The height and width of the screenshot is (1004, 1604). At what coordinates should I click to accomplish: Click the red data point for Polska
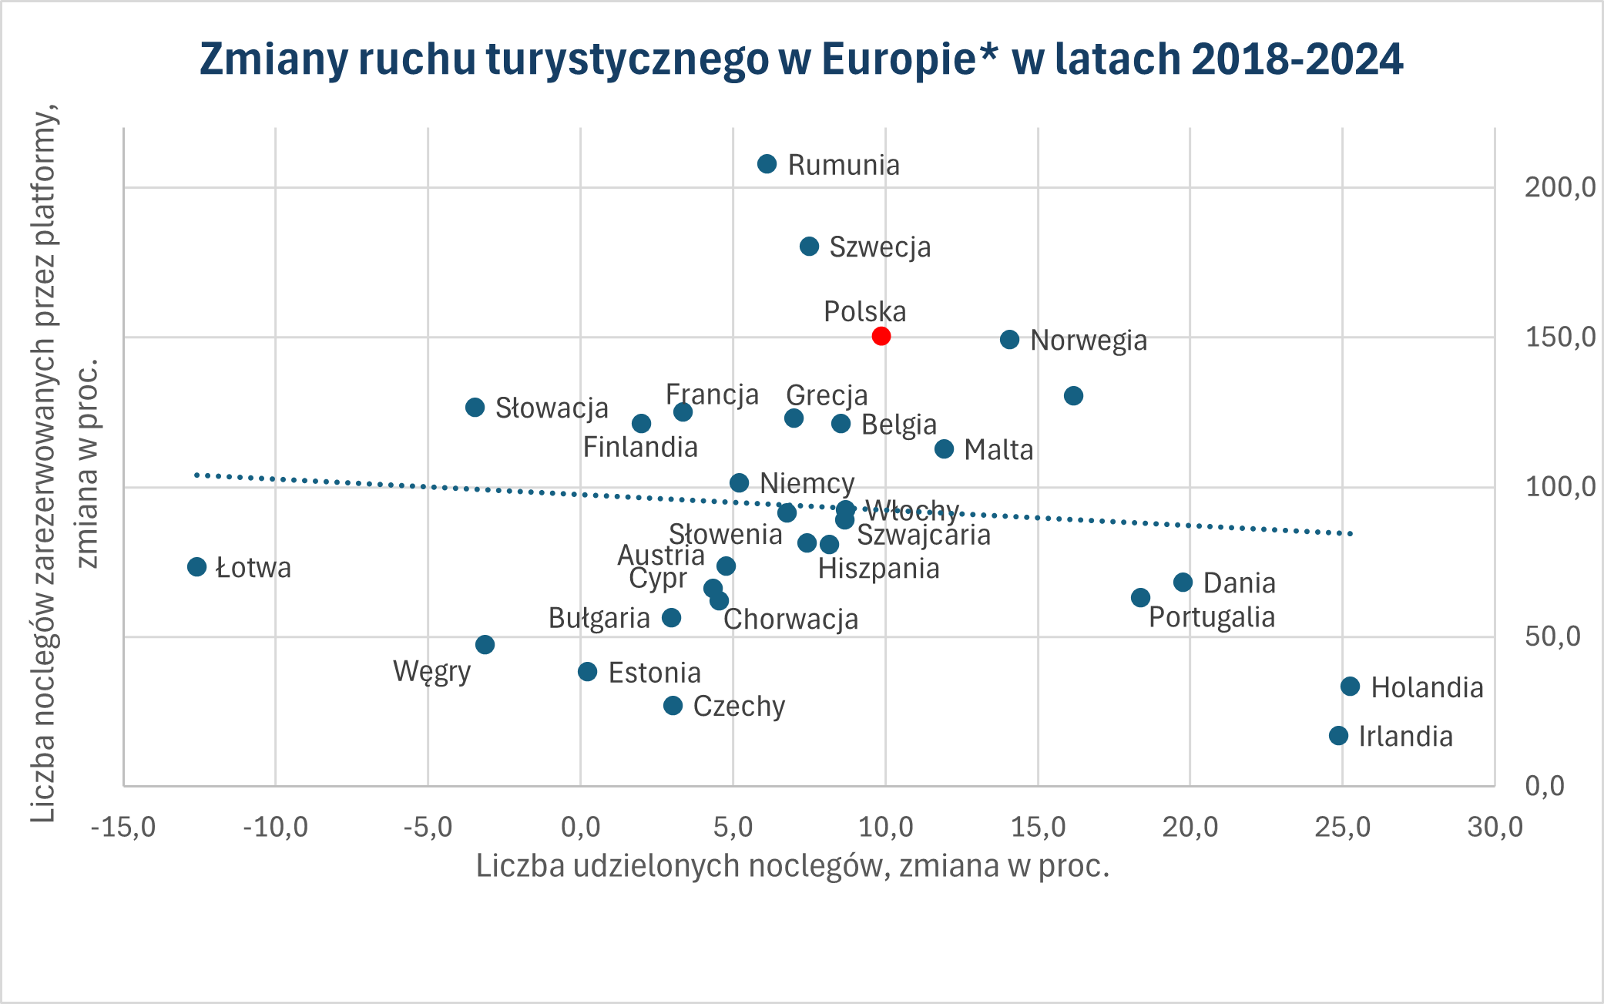[x=881, y=336]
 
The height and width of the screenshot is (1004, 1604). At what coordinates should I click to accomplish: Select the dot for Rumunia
[x=767, y=164]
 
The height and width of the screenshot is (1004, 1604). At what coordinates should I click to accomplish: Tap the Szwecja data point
[x=809, y=247]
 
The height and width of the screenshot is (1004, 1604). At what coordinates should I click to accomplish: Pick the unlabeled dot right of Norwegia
[x=1073, y=396]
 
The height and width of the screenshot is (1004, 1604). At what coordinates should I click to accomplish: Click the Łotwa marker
[x=196, y=567]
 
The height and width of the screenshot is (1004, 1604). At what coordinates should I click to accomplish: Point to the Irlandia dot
[x=1338, y=736]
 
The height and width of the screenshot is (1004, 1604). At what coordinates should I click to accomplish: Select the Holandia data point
[x=1350, y=687]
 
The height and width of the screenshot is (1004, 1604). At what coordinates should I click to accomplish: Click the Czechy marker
[x=673, y=706]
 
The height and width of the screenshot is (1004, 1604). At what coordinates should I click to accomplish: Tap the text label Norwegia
[x=1088, y=341]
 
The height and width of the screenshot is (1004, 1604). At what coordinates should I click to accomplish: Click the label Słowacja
[x=551, y=408]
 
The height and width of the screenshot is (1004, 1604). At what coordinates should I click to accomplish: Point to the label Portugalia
[x=1211, y=618]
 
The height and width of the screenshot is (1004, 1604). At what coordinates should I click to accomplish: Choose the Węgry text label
[x=431, y=672]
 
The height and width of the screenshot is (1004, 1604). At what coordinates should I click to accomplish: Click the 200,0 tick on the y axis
[x=1559, y=187]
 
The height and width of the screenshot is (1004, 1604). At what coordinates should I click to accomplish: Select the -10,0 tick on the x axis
[x=275, y=828]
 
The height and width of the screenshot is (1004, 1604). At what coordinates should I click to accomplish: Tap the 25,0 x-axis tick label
[x=1342, y=828]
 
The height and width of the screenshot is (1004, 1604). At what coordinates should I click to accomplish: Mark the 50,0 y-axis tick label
[x=1552, y=636]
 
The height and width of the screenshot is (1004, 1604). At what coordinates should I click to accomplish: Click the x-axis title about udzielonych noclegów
[x=793, y=866]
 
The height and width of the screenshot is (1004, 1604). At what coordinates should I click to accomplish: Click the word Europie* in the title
[x=909, y=59]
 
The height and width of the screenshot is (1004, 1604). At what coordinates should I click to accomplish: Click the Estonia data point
[x=587, y=672]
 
